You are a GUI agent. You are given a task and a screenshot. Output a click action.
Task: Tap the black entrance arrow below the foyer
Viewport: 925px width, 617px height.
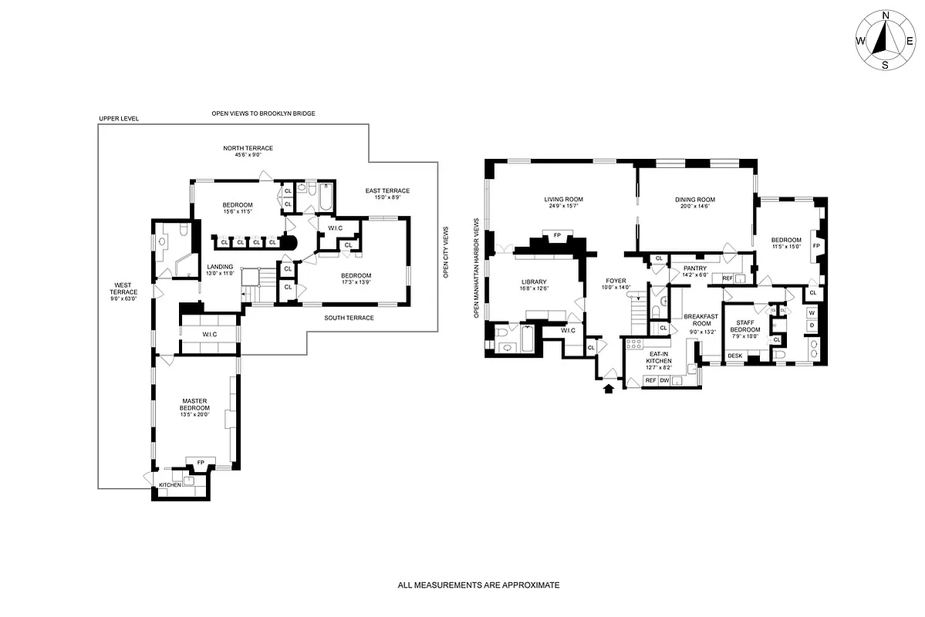point(609,389)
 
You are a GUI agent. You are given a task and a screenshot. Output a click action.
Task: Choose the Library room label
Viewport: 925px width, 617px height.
point(534,282)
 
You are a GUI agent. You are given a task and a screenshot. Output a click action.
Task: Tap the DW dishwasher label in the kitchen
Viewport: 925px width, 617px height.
point(664,380)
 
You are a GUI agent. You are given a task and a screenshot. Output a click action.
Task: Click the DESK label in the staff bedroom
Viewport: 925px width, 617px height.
point(735,356)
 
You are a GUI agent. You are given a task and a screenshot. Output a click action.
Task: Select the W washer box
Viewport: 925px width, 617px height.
point(812,313)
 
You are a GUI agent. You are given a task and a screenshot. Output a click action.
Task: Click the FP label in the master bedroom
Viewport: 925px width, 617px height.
point(201,462)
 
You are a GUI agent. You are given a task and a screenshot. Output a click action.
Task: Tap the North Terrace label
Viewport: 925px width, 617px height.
point(248,148)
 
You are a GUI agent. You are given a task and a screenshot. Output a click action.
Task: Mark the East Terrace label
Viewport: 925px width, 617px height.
point(388,190)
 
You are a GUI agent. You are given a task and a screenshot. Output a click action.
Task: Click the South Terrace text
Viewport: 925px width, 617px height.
point(349,318)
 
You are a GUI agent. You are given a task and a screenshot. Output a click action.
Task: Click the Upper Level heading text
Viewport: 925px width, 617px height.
point(119,119)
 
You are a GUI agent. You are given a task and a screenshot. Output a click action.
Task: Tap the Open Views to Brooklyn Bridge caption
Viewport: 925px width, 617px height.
point(264,113)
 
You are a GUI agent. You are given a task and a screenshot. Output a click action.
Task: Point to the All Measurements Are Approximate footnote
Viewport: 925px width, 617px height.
point(478,585)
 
